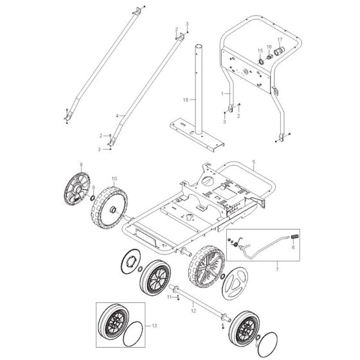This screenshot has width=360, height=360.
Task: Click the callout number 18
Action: click(186, 100)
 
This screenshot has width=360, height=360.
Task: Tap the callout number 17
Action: click(280, 39)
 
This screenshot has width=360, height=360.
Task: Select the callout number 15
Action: click(260, 51)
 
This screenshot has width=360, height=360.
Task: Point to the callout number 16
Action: click(269, 47)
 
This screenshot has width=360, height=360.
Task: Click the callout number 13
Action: click(154, 325)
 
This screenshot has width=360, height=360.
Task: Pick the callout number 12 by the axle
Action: click(194, 311)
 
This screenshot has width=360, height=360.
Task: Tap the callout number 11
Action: click(169, 297)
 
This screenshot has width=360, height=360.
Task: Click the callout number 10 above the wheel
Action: click(114, 179)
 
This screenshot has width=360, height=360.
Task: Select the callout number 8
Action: click(81, 164)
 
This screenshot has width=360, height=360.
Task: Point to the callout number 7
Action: click(277, 269)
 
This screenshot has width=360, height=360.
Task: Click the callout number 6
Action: click(293, 248)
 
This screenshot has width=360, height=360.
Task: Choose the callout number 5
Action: click(253, 162)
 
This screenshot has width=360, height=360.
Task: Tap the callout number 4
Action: click(117, 116)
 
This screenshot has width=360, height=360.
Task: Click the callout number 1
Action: click(222, 94)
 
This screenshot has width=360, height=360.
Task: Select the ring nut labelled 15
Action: click(261, 61)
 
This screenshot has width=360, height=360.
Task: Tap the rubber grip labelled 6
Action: click(294, 237)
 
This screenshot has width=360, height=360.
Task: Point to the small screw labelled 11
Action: click(177, 298)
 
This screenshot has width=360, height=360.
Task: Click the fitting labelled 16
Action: click(269, 57)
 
